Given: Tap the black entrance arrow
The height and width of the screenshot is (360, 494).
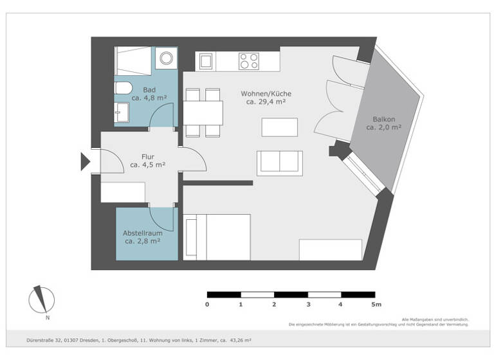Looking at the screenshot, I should click(x=85, y=161).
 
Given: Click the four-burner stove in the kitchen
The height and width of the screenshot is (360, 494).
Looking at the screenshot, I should click(x=248, y=61).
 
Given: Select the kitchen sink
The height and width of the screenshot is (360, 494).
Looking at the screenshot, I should click(x=206, y=62).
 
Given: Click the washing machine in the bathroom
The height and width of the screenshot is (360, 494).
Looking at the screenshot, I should click(x=167, y=59).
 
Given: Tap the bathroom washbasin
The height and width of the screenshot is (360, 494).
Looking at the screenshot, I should click(x=121, y=112).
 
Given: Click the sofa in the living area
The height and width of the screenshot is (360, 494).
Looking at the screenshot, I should click(x=279, y=163).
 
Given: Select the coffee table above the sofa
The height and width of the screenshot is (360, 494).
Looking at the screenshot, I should click(x=279, y=127).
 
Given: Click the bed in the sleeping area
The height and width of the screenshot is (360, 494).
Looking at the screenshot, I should click(x=217, y=237).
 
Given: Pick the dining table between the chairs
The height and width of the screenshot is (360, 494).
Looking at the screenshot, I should click(x=203, y=113).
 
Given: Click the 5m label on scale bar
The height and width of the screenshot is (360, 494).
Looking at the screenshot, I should click(x=376, y=304).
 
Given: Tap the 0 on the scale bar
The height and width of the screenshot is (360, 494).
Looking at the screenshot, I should click(x=207, y=304).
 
